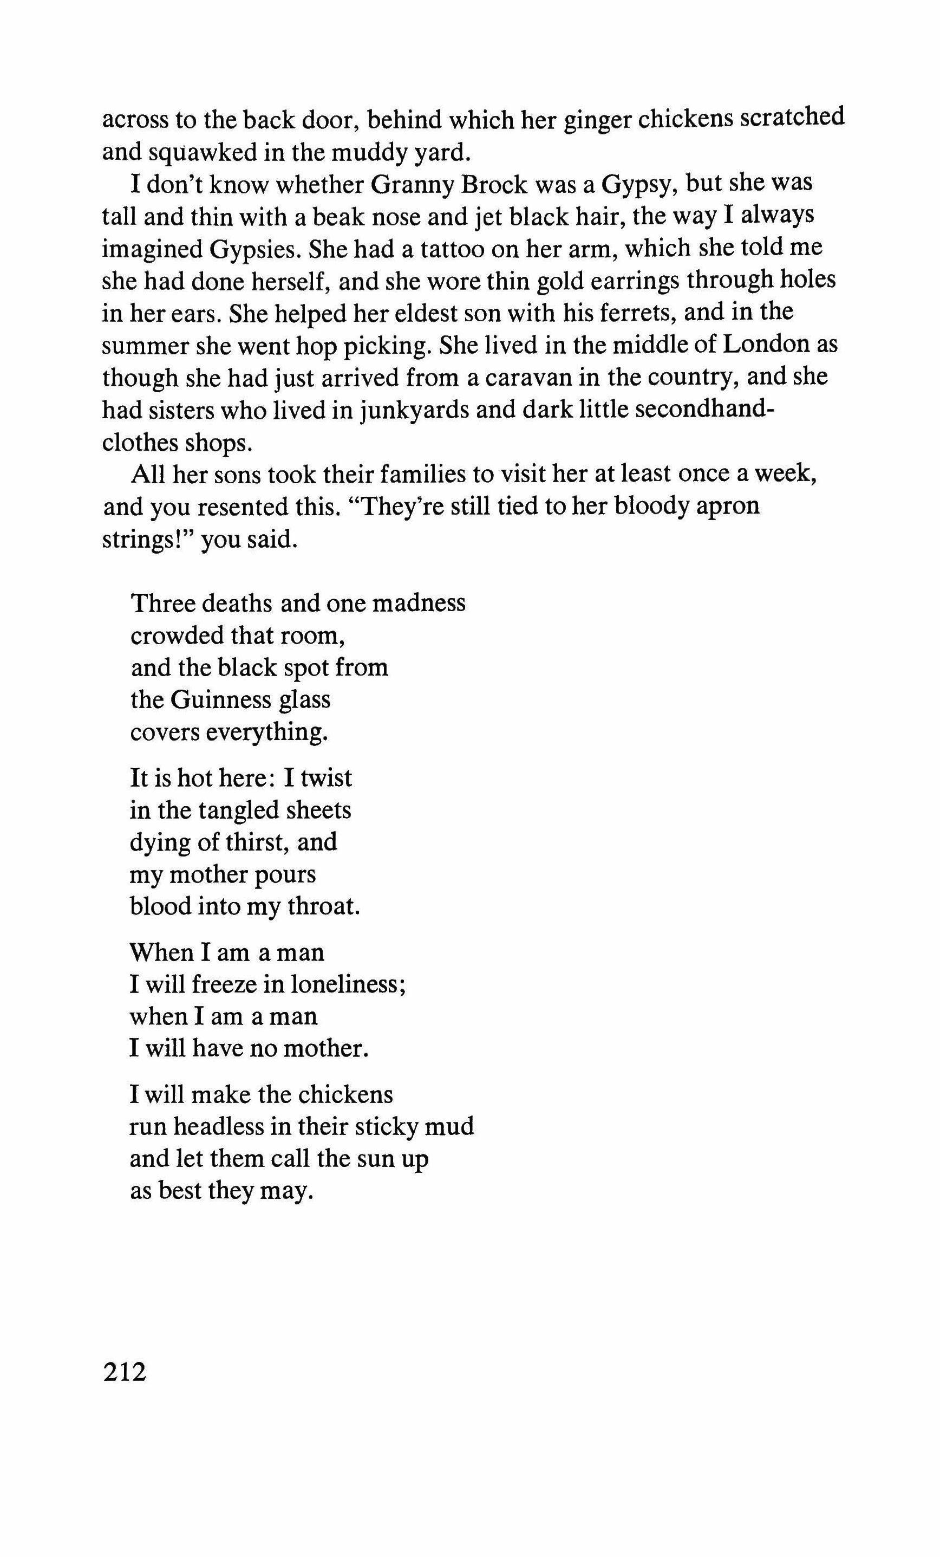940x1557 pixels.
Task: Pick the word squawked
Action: click(x=201, y=152)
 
